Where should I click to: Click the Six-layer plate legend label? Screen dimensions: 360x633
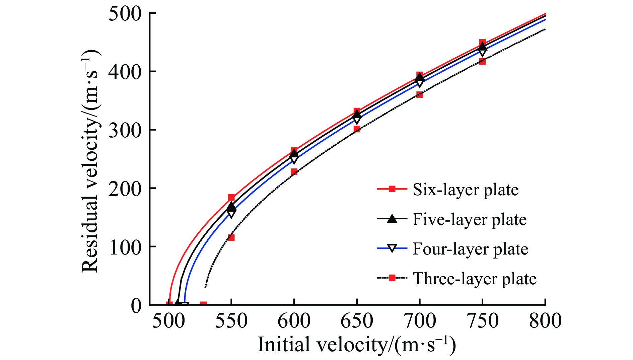click(x=465, y=190)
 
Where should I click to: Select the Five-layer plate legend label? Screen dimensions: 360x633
click(x=469, y=220)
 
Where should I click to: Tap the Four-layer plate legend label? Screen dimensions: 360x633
click(x=470, y=249)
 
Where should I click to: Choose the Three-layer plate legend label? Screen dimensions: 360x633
click(x=474, y=279)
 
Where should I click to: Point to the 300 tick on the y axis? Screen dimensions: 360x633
click(x=124, y=130)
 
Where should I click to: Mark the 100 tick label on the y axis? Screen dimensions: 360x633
click(x=124, y=247)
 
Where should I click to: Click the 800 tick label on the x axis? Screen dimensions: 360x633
click(x=545, y=321)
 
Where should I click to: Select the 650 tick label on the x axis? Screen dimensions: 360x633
click(x=357, y=321)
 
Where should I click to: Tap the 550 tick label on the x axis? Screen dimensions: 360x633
click(x=231, y=321)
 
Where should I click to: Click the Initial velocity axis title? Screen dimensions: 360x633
click(x=356, y=345)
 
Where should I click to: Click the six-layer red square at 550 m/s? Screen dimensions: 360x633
click(x=231, y=198)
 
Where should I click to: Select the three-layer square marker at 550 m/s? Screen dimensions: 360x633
click(x=231, y=238)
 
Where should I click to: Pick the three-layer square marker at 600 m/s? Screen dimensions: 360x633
click(x=294, y=172)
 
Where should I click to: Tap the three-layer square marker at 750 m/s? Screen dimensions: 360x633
click(x=482, y=61)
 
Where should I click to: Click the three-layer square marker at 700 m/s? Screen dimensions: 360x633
click(x=420, y=95)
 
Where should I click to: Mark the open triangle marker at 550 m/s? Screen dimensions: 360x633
click(x=231, y=214)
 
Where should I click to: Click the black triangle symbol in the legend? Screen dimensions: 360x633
click(x=392, y=219)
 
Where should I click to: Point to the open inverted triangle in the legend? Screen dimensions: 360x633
click(x=392, y=248)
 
